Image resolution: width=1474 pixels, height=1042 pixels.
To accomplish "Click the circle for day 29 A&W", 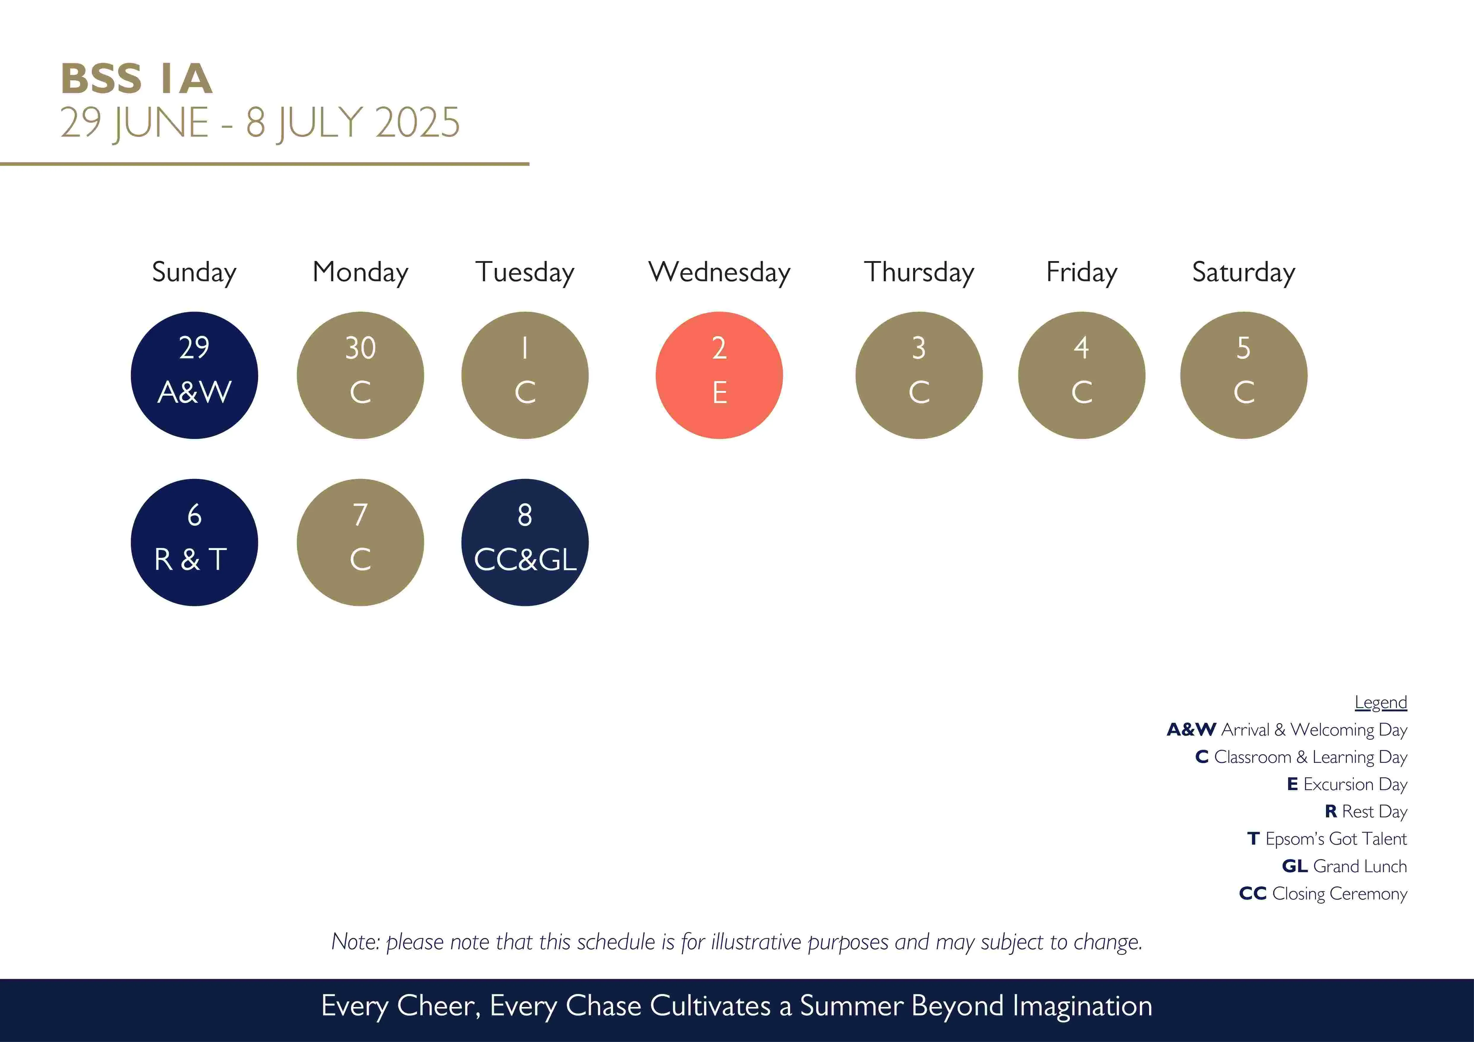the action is click(x=194, y=375).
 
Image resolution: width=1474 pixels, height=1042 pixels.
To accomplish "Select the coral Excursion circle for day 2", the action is click(x=719, y=375).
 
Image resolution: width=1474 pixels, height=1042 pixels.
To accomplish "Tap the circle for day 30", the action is click(x=360, y=375).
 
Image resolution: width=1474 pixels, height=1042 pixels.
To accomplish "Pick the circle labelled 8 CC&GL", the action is click(x=525, y=542).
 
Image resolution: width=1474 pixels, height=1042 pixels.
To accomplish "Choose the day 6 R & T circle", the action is click(x=194, y=542).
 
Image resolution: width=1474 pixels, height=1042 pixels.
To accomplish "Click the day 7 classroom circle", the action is click(x=360, y=542).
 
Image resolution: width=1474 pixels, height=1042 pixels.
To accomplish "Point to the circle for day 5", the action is click(x=1244, y=375).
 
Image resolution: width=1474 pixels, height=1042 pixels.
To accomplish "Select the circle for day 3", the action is click(x=919, y=375).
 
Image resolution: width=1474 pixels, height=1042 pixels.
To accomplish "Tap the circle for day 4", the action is click(x=1082, y=375).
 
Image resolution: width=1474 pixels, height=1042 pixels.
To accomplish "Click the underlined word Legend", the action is click(x=1381, y=703).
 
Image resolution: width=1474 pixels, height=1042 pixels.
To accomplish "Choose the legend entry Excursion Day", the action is click(x=1347, y=784).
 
